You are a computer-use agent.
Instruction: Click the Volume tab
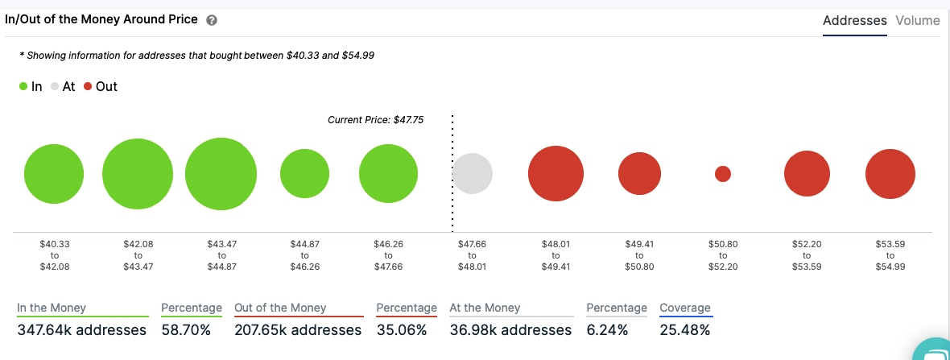coord(917,21)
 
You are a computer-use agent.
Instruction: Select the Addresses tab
coord(854,21)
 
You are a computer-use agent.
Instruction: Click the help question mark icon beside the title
coord(212,21)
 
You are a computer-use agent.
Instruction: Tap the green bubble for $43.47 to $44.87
coord(221,174)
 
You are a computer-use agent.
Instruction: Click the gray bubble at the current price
coord(472,173)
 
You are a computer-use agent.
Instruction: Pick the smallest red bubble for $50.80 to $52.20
coord(723,174)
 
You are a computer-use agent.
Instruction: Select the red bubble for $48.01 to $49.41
coord(556,173)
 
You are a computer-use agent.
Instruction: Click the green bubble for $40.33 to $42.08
coord(54,174)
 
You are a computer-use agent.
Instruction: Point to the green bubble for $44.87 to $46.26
coord(304,173)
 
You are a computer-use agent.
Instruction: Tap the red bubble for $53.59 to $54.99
coord(890,174)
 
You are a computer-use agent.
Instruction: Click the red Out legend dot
coord(88,86)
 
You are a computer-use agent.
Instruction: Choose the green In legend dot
coord(23,86)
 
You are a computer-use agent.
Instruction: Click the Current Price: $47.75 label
coord(375,120)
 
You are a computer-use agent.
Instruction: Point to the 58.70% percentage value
coord(186,330)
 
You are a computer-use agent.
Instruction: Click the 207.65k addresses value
coord(298,330)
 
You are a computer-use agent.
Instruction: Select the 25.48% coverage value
coord(685,330)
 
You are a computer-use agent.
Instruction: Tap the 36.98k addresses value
coord(510,330)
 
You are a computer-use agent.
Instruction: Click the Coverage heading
coord(685,308)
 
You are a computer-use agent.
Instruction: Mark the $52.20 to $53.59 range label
coord(807,254)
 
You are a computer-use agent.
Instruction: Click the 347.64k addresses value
coord(82,330)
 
